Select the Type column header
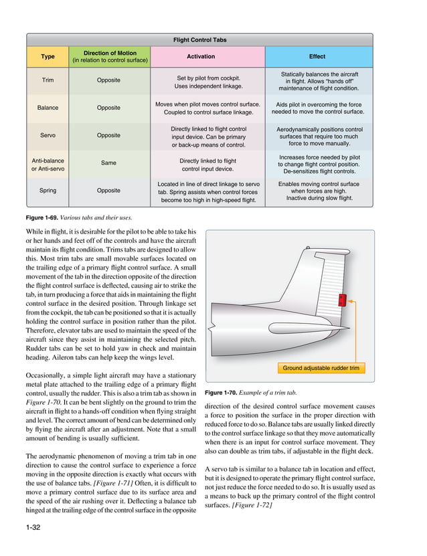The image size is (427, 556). (48, 56)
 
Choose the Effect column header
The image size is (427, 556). (317, 56)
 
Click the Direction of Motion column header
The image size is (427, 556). (108, 56)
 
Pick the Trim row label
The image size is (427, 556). (48, 80)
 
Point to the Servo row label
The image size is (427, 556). (48, 135)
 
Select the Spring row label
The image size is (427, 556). (48, 191)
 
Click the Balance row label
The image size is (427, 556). (48, 108)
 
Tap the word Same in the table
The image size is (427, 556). (108, 163)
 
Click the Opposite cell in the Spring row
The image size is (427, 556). (108, 191)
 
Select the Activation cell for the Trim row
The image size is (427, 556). (207, 81)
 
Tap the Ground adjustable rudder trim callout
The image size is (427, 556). (321, 368)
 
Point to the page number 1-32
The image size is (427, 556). (31, 529)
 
